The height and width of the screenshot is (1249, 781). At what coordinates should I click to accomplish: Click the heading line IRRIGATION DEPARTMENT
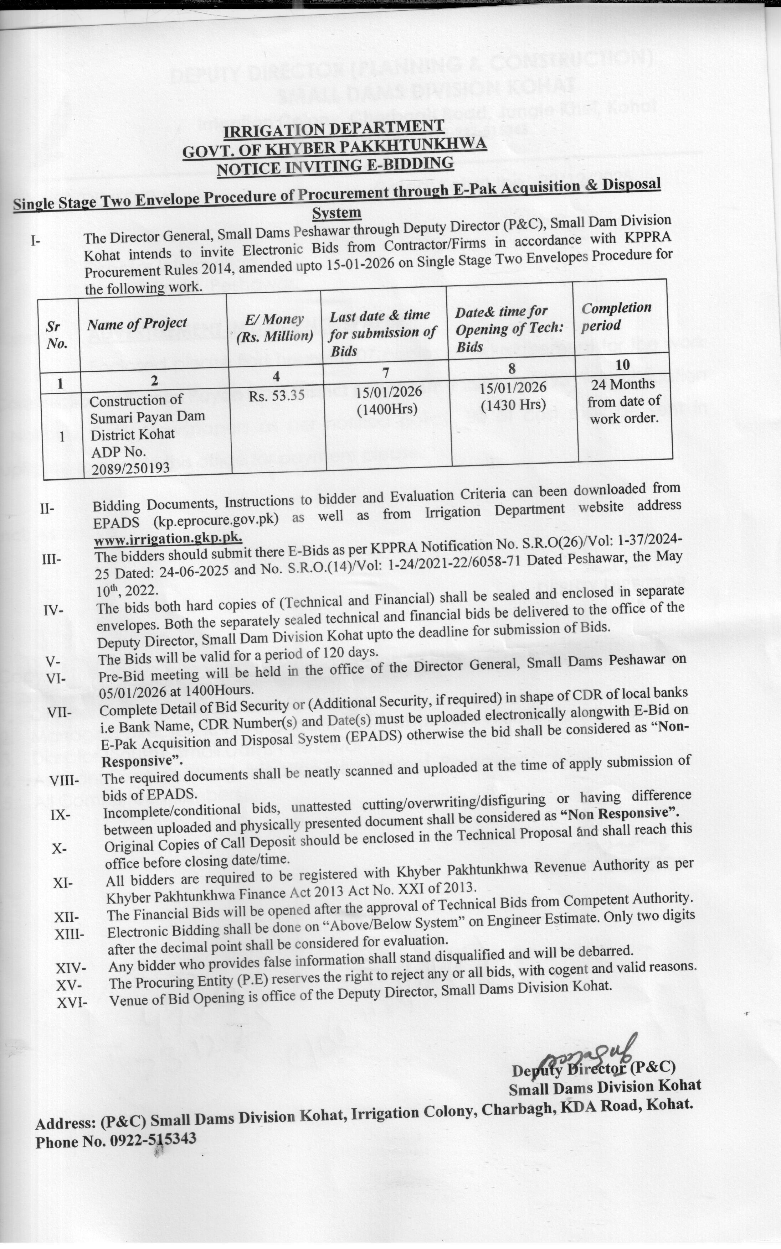pyautogui.click(x=333, y=129)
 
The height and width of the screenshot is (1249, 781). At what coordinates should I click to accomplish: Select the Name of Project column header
pyautogui.click(x=137, y=324)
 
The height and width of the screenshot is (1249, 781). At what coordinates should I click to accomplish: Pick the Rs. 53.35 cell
pyautogui.click(x=276, y=396)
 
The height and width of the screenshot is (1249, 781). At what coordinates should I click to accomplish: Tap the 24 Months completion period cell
pyautogui.click(x=624, y=401)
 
